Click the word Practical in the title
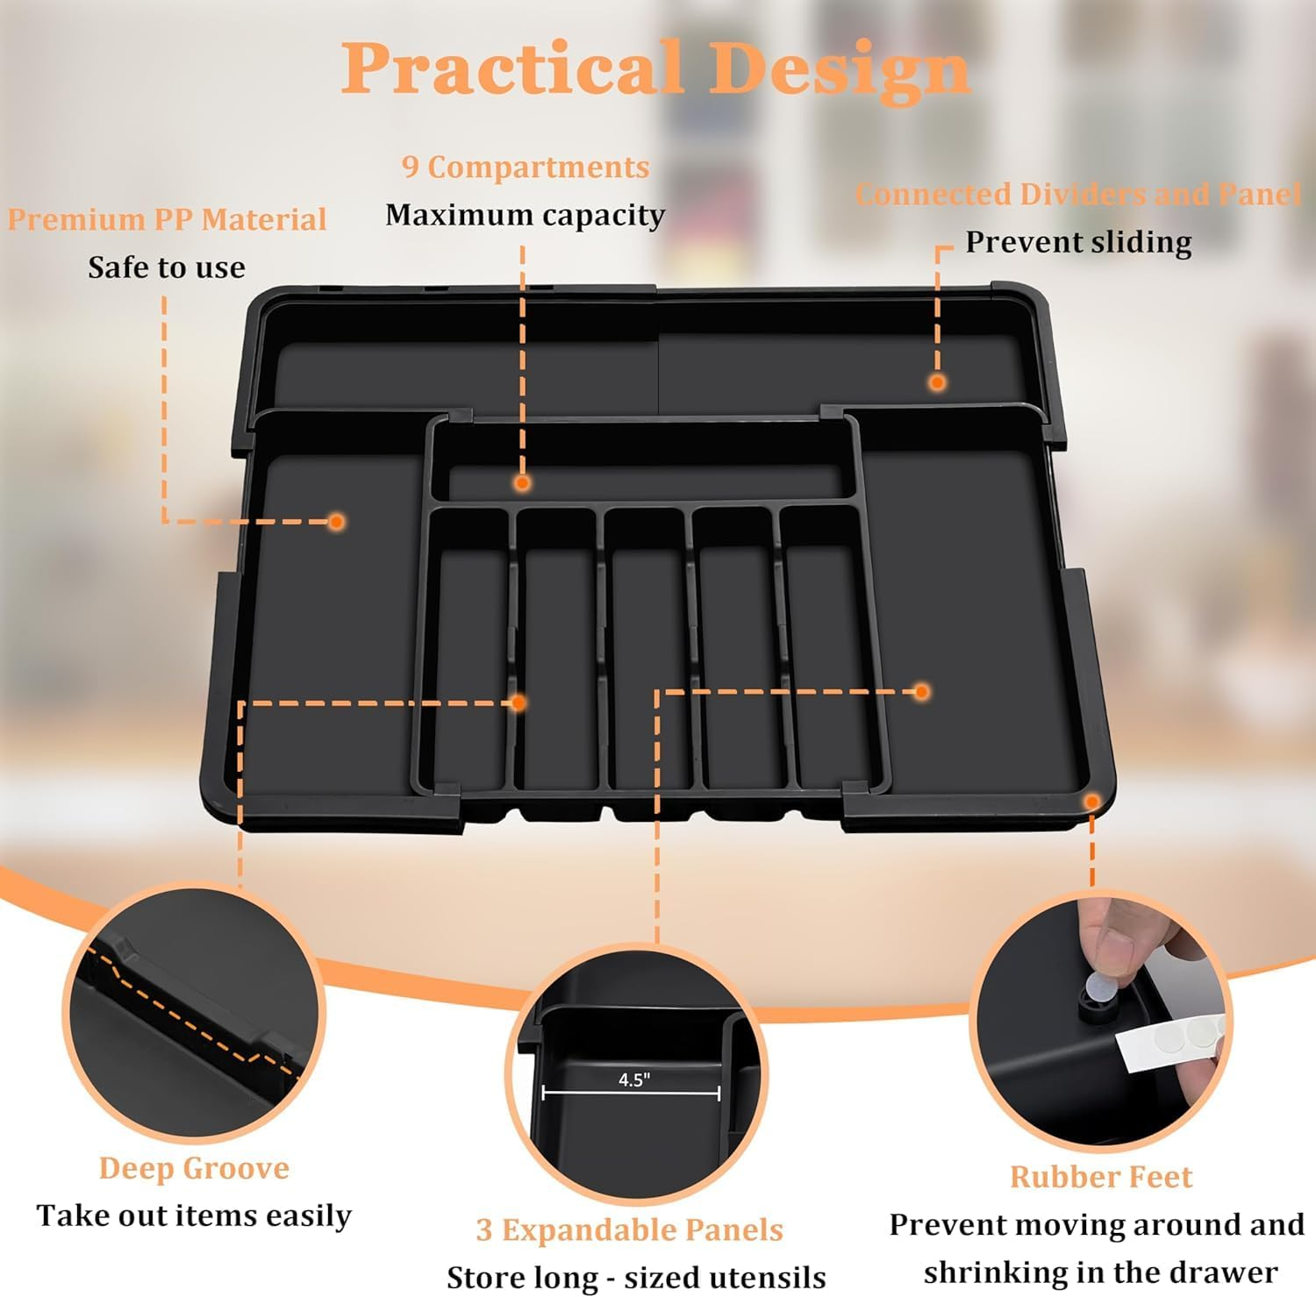point(511,68)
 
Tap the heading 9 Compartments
point(526,167)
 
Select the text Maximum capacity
point(525,215)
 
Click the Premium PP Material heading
point(167,219)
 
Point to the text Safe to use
point(167,267)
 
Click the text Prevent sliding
point(1078,242)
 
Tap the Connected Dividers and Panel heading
point(1078,194)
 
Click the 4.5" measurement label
point(633,1080)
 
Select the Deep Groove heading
point(194,1168)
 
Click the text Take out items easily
point(194,1215)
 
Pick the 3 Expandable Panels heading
point(629,1229)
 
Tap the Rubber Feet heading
point(1101,1176)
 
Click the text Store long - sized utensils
point(636,1277)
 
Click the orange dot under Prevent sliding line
point(937,382)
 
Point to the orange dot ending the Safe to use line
point(336,522)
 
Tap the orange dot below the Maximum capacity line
point(522,482)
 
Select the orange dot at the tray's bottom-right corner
point(1091,802)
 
